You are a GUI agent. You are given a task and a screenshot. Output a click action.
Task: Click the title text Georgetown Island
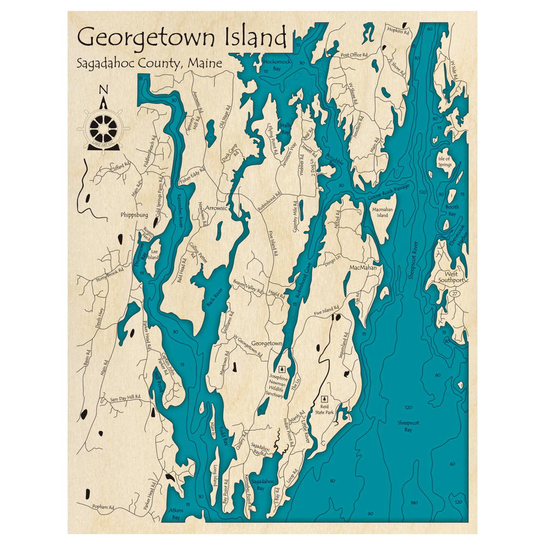click(x=182, y=38)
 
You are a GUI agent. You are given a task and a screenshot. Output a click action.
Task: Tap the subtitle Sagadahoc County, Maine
click(x=149, y=63)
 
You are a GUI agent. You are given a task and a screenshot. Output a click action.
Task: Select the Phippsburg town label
click(x=134, y=215)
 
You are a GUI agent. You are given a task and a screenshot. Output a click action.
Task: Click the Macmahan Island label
click(x=383, y=211)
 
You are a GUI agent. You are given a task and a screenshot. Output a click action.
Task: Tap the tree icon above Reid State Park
click(x=325, y=399)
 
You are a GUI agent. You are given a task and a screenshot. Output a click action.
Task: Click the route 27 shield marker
click(x=455, y=294)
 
